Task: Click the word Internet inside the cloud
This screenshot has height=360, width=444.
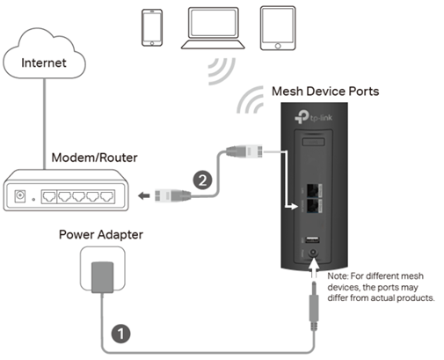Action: tap(44, 62)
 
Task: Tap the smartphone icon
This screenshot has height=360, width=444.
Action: tap(152, 27)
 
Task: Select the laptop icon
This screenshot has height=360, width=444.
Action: tap(213, 28)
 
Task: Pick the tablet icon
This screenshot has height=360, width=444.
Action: tap(278, 28)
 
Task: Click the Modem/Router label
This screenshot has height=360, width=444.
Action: tap(94, 158)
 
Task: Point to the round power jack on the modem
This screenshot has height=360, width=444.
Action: tap(20, 195)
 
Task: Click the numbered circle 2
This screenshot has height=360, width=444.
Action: tap(202, 180)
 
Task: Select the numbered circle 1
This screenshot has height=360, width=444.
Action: tap(120, 334)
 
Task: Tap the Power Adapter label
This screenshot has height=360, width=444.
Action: tap(101, 235)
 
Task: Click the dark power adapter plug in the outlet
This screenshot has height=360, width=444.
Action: tap(102, 277)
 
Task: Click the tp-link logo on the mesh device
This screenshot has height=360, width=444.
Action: tap(313, 117)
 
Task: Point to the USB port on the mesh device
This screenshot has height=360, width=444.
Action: tap(312, 239)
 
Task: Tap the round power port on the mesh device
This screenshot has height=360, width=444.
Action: tap(313, 253)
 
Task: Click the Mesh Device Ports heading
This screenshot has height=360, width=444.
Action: tap(325, 92)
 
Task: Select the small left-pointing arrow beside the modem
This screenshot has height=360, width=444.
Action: tap(144, 195)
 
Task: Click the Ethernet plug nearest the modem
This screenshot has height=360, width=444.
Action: tap(172, 195)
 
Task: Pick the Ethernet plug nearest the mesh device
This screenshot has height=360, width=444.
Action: tap(244, 151)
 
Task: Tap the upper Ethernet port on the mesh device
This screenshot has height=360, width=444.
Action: tap(314, 191)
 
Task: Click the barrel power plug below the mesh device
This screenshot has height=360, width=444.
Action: tap(314, 305)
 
